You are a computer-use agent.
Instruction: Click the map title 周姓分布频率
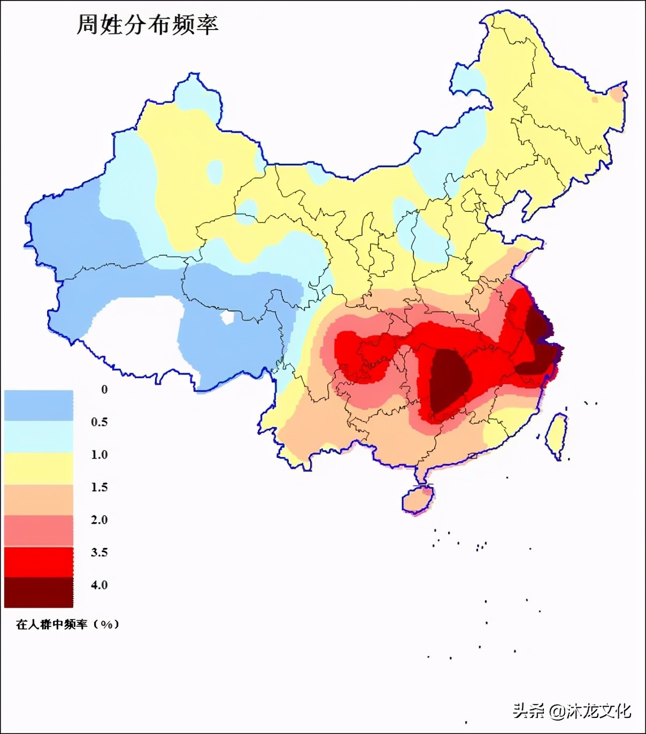[147, 25]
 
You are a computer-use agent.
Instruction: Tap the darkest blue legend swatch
[39, 406]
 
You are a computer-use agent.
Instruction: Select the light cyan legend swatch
[39, 437]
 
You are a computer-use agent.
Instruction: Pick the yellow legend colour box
[39, 468]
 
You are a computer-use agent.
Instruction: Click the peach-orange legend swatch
[39, 500]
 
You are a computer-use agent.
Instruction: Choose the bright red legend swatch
[39, 562]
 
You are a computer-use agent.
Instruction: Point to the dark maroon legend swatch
[39, 592]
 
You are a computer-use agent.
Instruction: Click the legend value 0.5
[99, 422]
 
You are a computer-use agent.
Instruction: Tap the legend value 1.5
[99, 487]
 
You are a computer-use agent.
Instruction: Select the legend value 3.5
[99, 553]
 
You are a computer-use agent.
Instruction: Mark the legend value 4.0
[99, 585]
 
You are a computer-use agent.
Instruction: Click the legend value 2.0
[99, 520]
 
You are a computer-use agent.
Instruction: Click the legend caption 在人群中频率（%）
[67, 624]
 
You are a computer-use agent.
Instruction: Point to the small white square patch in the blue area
[228, 318]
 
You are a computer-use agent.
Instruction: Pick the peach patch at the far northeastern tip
[618, 95]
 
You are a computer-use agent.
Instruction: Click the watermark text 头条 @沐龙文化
[572, 710]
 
